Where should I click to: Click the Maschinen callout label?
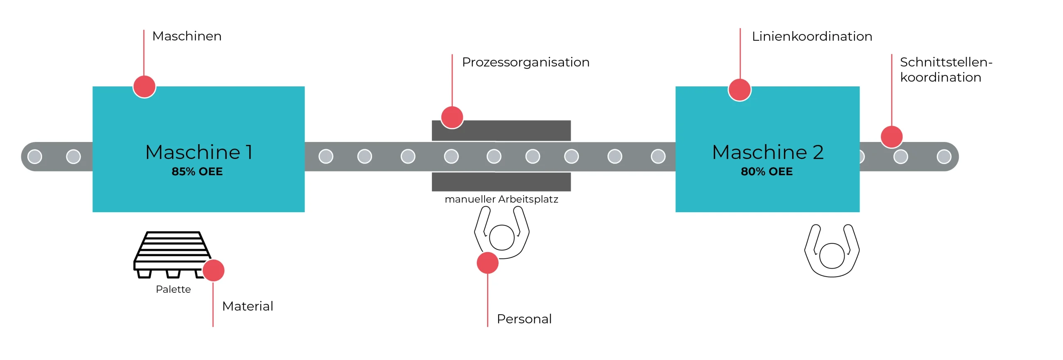(187, 36)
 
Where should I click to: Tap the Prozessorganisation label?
(525, 62)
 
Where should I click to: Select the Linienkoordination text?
(812, 37)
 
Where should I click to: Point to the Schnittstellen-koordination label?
(945, 70)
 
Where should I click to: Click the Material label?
(247, 306)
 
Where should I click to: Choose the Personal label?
(524, 319)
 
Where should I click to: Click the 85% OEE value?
(197, 171)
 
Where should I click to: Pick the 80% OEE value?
(767, 171)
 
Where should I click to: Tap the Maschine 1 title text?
(199, 152)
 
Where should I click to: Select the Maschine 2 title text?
(767, 152)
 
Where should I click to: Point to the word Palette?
(173, 289)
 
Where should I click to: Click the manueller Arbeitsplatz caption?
(501, 199)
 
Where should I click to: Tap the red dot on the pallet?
(213, 271)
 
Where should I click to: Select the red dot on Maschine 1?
(144, 87)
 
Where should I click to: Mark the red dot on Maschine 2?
(740, 90)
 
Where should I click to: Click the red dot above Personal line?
(487, 263)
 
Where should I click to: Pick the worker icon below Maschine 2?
(832, 252)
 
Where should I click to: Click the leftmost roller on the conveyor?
(35, 157)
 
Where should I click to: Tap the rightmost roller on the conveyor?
(944, 157)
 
